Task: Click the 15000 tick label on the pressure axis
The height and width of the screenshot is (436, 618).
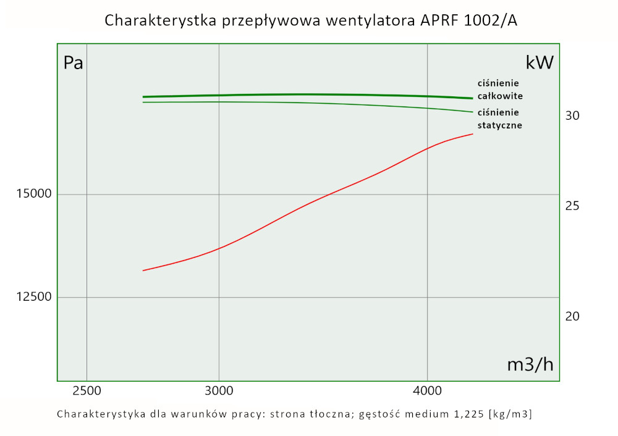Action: tap(33, 195)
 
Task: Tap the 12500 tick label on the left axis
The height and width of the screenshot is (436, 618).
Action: tap(33, 297)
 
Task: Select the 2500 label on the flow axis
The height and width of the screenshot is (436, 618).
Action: tap(87, 391)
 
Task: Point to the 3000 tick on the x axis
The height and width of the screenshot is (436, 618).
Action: tap(219, 391)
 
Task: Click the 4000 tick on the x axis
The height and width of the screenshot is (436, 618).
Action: tap(428, 391)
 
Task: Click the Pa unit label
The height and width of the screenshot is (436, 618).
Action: tap(74, 63)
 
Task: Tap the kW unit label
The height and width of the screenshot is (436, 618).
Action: tap(540, 63)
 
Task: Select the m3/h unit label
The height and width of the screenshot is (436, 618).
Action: tap(530, 365)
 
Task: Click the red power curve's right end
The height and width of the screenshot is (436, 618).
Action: tap(473, 133)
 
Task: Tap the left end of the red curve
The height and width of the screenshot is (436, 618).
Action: tap(143, 270)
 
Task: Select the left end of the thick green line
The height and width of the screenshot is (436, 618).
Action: tap(143, 97)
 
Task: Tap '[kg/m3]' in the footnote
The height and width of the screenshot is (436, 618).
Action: tap(510, 414)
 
